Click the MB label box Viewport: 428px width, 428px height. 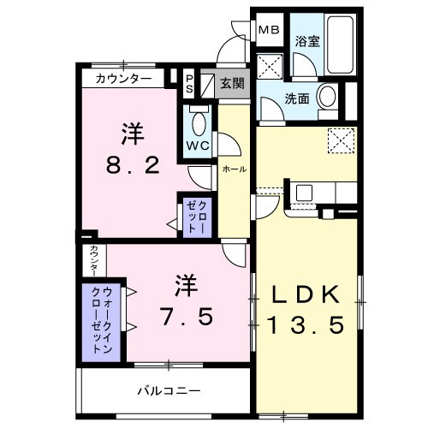pos(270,30)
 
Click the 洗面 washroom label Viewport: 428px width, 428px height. pos(298,98)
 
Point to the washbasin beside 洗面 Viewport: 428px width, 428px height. pos(328,98)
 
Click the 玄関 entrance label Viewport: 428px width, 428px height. pos(231,83)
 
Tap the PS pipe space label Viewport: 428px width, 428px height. pos(190,84)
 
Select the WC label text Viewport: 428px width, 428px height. pos(198,146)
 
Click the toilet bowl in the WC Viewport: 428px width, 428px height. pos(199,123)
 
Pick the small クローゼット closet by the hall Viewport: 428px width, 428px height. pos(193,215)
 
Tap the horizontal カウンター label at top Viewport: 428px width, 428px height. pos(124,79)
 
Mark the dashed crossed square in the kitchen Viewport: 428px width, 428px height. pos(341,139)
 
